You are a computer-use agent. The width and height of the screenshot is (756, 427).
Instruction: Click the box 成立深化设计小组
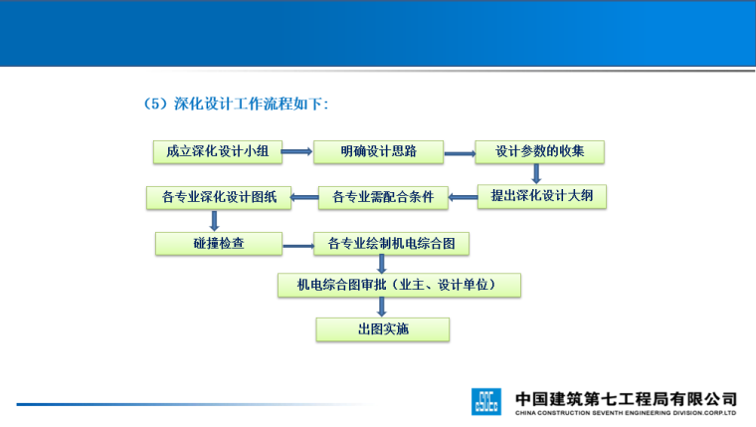pos(217,152)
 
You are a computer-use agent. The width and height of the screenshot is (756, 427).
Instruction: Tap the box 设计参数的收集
pos(539,152)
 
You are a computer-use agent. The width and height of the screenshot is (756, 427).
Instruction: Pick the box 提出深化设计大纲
pos(541,196)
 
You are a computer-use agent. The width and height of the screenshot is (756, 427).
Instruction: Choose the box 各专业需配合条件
pos(383,197)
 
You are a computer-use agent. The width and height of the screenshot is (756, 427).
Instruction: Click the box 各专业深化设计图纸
pos(219,197)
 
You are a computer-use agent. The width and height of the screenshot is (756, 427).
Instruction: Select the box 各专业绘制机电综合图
pos(391,243)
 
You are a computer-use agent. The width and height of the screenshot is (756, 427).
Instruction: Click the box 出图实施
pos(383,329)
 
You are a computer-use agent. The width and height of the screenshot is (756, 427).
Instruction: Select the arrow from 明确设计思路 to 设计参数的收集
pos(459,153)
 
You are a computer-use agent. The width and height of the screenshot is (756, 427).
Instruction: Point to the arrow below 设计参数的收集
pos(536,174)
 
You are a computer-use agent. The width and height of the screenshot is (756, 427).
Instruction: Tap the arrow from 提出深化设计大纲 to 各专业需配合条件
pos(463,197)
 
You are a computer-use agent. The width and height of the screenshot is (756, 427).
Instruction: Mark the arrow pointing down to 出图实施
pos(382,308)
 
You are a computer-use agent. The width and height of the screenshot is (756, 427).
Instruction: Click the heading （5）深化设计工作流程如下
pos(237,103)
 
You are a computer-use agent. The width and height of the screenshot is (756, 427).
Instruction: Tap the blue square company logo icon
pos(487,400)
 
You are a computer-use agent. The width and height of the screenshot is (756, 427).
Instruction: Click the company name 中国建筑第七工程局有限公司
pos(626,395)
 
